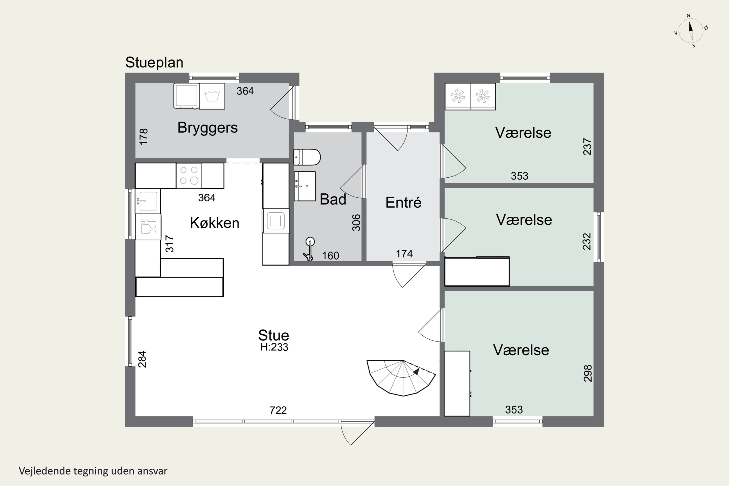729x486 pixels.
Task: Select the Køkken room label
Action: pyautogui.click(x=215, y=223)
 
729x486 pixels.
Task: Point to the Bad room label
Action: pyautogui.click(x=333, y=199)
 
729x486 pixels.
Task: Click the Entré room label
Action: pyautogui.click(x=403, y=202)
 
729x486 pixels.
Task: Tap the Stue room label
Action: pyautogui.click(x=274, y=335)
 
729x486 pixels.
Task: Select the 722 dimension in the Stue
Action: pyautogui.click(x=278, y=410)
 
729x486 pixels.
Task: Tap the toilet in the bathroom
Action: pyautogui.click(x=307, y=157)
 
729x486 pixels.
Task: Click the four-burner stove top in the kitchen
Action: pyautogui.click(x=189, y=175)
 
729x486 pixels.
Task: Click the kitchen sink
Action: pyautogui.click(x=148, y=201)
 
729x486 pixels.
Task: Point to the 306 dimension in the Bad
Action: pyautogui.click(x=356, y=223)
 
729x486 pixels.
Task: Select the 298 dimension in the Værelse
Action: pyautogui.click(x=588, y=373)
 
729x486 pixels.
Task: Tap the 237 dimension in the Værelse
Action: pyautogui.click(x=587, y=146)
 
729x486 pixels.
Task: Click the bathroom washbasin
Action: pyautogui.click(x=305, y=186)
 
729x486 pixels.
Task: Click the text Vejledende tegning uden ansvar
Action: pyautogui.click(x=93, y=471)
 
